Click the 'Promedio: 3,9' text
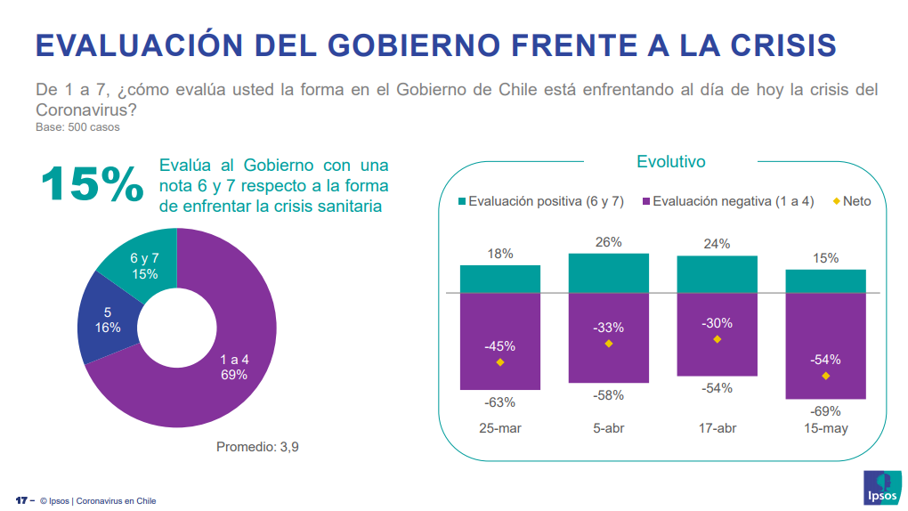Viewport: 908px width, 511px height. coord(257,446)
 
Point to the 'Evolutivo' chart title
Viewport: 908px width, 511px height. coord(670,162)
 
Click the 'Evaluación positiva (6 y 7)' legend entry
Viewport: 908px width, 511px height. coord(539,201)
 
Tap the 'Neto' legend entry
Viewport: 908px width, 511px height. coord(851,201)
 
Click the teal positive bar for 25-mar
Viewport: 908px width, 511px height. coord(500,279)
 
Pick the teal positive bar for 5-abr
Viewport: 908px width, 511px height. coord(609,273)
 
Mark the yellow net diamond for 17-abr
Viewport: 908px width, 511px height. coord(717,339)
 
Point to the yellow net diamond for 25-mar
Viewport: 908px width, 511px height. coord(500,362)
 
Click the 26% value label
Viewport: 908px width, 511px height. coord(609,242)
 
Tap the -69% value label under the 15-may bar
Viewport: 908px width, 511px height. coord(825,411)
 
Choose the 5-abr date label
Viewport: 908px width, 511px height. coord(609,428)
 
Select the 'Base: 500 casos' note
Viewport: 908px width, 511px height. coord(77,127)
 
